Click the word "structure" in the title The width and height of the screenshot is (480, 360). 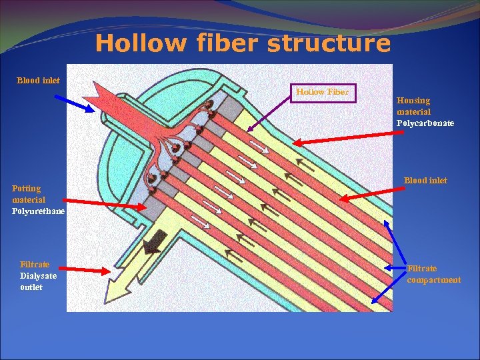[328, 44]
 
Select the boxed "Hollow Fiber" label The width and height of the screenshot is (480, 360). [323, 92]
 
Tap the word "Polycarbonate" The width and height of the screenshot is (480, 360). [425, 123]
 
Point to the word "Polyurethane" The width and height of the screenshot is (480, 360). [39, 211]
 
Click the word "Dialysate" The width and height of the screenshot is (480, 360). [38, 275]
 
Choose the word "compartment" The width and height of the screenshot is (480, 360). [433, 280]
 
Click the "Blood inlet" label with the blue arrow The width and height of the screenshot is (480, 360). [38, 81]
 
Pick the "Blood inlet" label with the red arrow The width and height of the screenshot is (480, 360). [425, 181]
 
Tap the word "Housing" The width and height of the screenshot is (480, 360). [413, 101]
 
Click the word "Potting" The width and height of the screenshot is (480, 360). [26, 189]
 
